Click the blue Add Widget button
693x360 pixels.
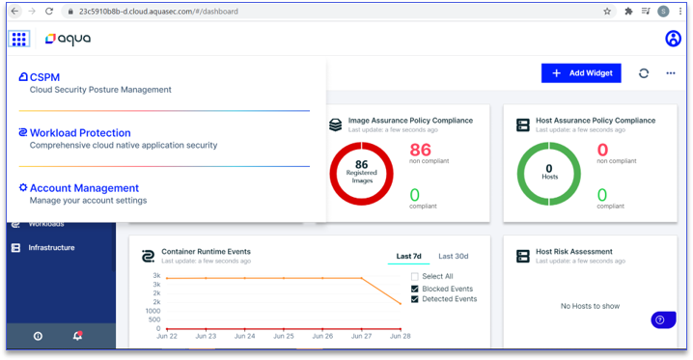(x=581, y=73)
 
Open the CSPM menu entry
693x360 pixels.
(x=44, y=77)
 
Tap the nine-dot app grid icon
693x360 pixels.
(x=18, y=39)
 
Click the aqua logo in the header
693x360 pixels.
(x=69, y=39)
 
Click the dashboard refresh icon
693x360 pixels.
(x=644, y=73)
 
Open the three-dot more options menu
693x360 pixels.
(x=671, y=73)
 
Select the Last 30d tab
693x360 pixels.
(x=453, y=256)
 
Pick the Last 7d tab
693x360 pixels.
(x=408, y=256)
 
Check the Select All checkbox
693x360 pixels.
(x=415, y=277)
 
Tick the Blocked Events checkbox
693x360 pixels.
(x=415, y=289)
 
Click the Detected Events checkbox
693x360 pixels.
(x=415, y=299)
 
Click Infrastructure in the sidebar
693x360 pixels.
(x=51, y=248)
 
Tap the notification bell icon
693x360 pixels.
(x=77, y=336)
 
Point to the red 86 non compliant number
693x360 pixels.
(x=420, y=150)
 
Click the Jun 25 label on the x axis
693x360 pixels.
(x=284, y=336)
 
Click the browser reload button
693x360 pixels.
(x=49, y=12)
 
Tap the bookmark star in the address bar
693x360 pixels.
(x=607, y=12)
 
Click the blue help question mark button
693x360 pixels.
(x=663, y=319)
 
